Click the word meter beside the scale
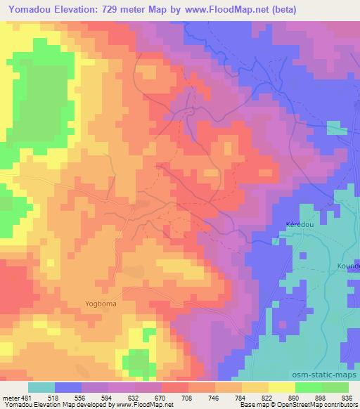pos(12,396)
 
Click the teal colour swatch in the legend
pos(41,387)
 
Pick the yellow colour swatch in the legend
pos(282,387)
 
